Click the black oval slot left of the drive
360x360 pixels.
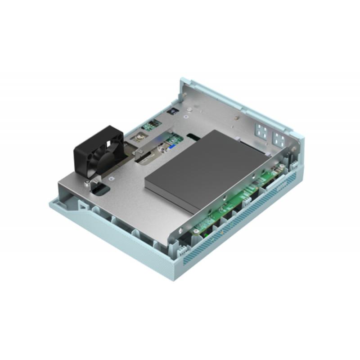coord(193,135)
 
